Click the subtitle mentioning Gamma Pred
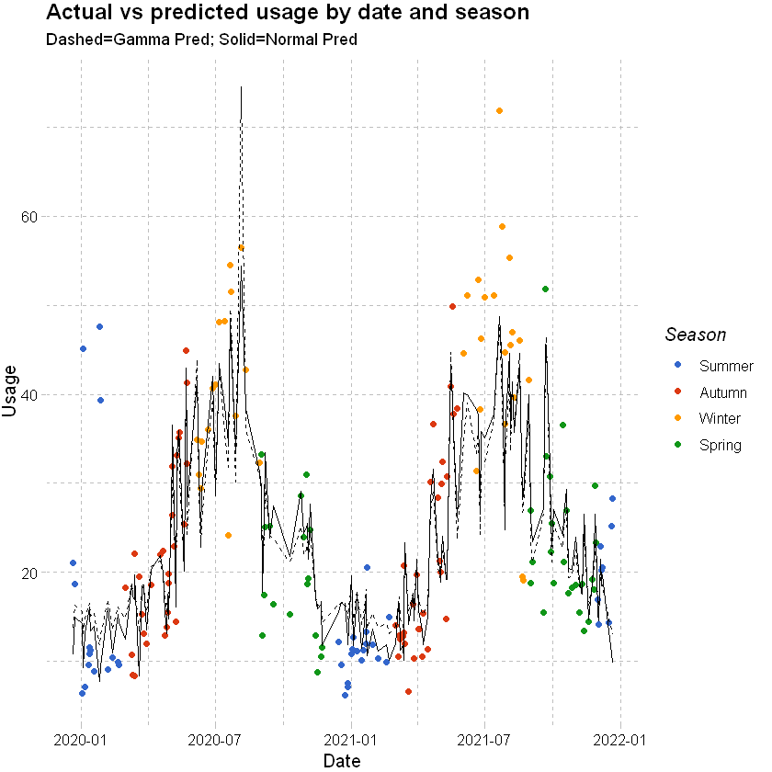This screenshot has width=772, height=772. [200, 40]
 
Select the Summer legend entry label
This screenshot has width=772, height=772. [725, 366]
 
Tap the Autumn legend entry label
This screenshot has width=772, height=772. [723, 392]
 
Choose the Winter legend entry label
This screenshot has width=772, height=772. [720, 419]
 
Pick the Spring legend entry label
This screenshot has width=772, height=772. [720, 446]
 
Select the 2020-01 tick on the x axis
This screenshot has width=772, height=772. [82, 739]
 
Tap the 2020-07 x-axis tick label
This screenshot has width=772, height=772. [215, 739]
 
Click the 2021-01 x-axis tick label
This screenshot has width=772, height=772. [351, 739]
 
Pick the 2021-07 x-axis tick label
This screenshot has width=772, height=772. [484, 739]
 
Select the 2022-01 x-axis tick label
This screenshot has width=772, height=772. [620, 739]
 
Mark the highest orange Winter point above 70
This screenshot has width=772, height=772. [499, 111]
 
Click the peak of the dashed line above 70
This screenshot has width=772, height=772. [241, 87]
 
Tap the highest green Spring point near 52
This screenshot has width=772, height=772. [545, 289]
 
